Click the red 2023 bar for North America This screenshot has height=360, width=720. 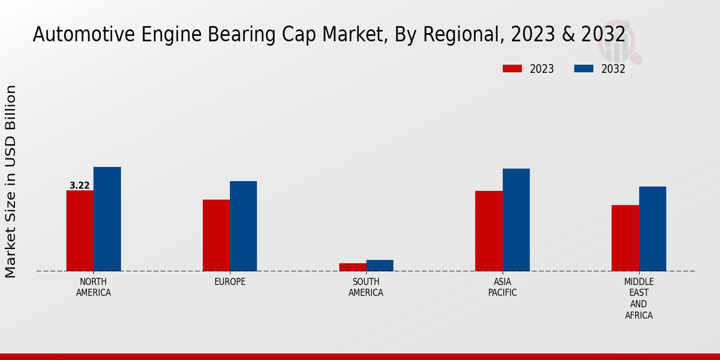click(80, 230)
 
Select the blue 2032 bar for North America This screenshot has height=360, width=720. click(107, 219)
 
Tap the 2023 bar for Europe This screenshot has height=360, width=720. click(216, 235)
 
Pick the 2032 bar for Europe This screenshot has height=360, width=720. click(243, 226)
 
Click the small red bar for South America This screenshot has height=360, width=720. click(352, 267)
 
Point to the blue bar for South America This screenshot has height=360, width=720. click(380, 265)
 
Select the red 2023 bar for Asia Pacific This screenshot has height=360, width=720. click(488, 231)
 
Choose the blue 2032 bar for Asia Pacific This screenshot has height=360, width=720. click(516, 220)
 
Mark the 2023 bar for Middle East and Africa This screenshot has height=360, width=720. click(625, 238)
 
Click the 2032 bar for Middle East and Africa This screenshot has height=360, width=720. click(652, 229)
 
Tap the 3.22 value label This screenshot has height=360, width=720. click(80, 186)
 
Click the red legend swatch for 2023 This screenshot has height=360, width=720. click(512, 69)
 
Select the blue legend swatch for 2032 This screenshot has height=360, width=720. click(583, 69)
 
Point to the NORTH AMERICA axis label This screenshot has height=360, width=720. click(94, 287)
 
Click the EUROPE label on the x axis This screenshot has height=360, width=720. click(230, 282)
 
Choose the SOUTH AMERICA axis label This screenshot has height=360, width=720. click(366, 287)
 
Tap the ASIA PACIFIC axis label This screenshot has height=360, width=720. click(502, 287)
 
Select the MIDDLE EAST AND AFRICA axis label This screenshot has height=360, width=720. click(639, 298)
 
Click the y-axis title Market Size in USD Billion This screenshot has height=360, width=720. click(11, 181)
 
